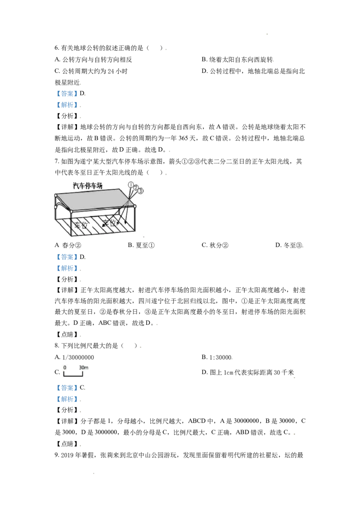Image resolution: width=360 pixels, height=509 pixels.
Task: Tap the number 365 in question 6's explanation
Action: (183, 138)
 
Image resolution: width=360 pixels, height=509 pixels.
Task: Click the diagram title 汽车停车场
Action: (87, 186)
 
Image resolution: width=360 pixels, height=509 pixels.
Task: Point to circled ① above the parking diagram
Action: (131, 185)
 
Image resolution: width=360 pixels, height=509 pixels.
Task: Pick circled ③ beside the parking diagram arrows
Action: (140, 191)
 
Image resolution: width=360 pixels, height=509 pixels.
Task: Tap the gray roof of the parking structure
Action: (94, 200)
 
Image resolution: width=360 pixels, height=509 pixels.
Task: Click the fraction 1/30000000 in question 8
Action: (78, 357)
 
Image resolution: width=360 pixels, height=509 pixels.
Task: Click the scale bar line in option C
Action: (73, 375)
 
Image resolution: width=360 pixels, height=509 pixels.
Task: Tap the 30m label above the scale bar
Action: (84, 368)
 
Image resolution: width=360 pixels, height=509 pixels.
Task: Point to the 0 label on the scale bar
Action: (65, 368)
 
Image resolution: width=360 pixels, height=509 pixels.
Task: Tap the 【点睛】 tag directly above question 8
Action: (67, 335)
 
